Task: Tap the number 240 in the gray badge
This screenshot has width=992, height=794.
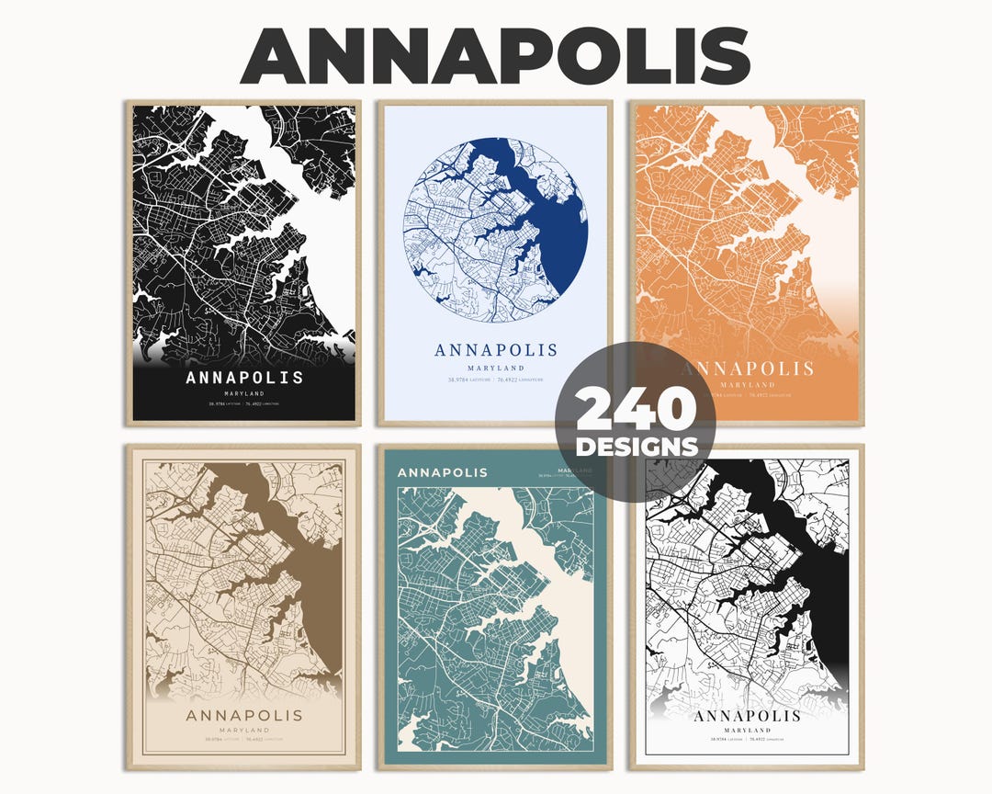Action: (635, 410)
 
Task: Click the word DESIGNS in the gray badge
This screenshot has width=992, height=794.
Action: (635, 448)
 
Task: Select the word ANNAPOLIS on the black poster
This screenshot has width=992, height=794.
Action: (244, 378)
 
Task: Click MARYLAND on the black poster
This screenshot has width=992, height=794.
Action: (244, 393)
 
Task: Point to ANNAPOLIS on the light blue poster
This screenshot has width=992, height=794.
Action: (496, 350)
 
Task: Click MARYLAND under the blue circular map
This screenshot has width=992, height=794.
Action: (496, 368)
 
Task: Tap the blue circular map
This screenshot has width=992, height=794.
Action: (496, 230)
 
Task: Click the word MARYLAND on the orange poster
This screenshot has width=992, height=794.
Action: (746, 384)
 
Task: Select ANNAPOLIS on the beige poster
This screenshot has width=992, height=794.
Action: (244, 715)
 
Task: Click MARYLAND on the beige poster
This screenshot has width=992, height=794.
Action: (244, 730)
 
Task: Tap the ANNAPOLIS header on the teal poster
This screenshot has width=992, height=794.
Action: (442, 472)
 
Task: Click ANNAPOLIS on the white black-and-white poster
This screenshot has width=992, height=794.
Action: (747, 716)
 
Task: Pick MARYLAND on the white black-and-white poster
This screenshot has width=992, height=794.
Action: (747, 731)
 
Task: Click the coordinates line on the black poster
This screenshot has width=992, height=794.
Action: (244, 403)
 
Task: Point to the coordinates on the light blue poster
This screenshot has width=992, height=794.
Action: (496, 379)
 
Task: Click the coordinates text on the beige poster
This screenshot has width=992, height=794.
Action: (244, 739)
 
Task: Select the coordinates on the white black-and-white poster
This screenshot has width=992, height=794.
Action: (747, 740)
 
